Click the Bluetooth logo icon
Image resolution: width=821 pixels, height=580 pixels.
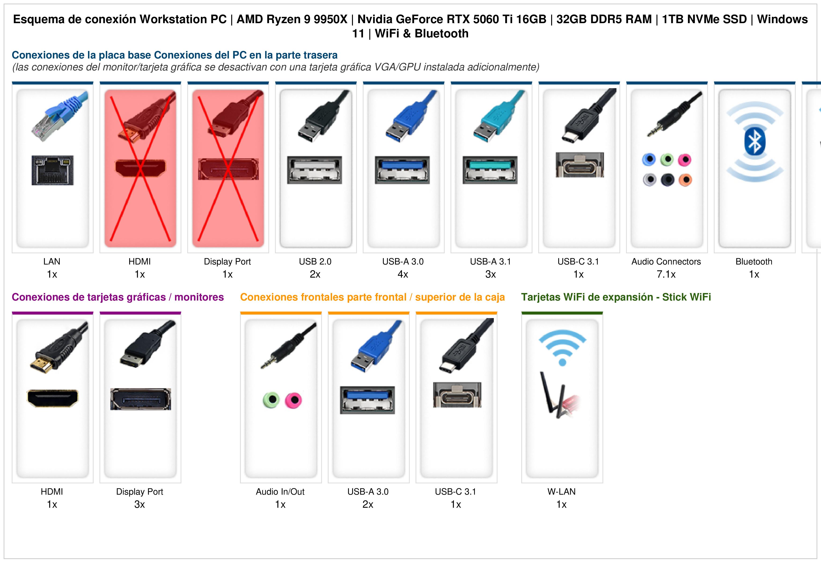point(755,142)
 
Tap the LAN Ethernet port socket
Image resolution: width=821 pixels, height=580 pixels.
point(53,170)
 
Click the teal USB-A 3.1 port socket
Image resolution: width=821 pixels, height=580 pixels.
point(490,170)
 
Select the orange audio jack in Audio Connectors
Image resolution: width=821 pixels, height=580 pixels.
point(685,180)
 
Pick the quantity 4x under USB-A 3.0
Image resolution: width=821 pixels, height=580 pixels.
point(403,275)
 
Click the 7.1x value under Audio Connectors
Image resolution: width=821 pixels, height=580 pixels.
point(666,275)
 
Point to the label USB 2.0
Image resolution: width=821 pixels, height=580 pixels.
point(315,262)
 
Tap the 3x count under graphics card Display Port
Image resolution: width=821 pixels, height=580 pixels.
point(139,505)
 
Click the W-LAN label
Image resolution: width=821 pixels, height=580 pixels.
point(561,492)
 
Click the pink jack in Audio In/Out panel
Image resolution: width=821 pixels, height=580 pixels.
point(293,400)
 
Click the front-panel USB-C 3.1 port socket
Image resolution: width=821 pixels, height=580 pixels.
point(457,395)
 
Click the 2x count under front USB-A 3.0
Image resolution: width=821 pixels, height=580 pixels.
point(368,505)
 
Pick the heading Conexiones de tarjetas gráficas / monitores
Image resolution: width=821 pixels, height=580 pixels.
point(118,297)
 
